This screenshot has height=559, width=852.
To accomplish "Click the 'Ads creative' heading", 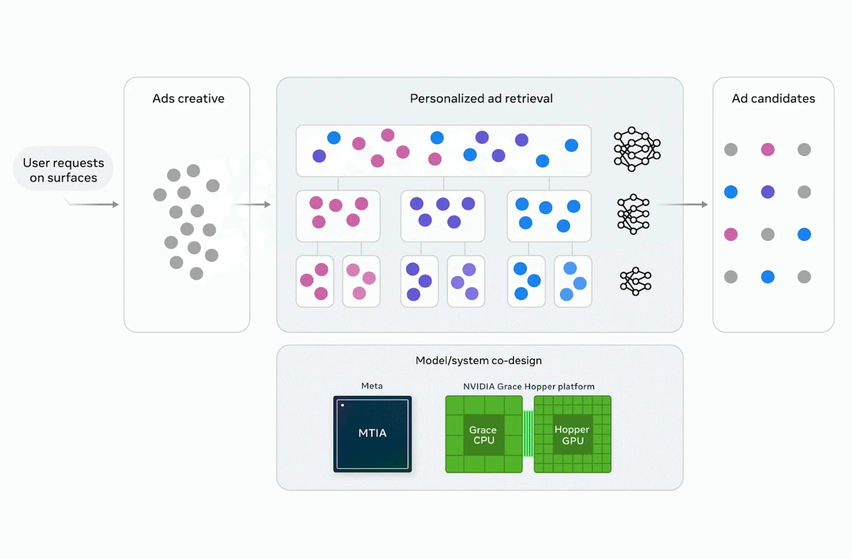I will coord(188,99).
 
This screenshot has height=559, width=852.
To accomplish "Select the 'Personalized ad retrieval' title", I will coord(481,99).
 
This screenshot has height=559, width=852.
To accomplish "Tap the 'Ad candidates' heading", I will coord(773,99).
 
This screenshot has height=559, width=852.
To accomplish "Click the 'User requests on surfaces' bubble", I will coord(63,170).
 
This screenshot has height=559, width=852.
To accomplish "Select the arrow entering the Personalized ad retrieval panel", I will coord(252,204).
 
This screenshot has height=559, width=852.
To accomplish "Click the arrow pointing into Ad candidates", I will coord(684,204).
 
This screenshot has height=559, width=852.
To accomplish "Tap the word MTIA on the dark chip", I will coord(372,433).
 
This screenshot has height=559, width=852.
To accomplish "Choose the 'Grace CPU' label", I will coord(483,435).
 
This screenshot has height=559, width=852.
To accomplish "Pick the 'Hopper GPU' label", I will coord(572,435).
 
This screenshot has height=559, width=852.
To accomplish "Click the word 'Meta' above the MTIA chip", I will coord(372,386).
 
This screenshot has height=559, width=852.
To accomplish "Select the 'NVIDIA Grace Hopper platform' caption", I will coord(529,386).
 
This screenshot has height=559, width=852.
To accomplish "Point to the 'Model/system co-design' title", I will coord(479,361).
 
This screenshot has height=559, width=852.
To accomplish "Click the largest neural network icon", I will coord(637,149).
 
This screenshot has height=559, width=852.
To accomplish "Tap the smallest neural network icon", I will coord(635,281).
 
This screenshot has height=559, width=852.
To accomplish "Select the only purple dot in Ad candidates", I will coord(768,192).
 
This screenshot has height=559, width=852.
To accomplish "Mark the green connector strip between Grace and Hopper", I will coord(528,434).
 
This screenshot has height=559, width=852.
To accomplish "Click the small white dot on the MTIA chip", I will coord(343,405).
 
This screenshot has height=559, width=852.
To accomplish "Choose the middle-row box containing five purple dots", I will coord(443,216).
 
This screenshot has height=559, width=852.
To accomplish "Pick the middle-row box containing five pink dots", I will coord(338,216).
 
